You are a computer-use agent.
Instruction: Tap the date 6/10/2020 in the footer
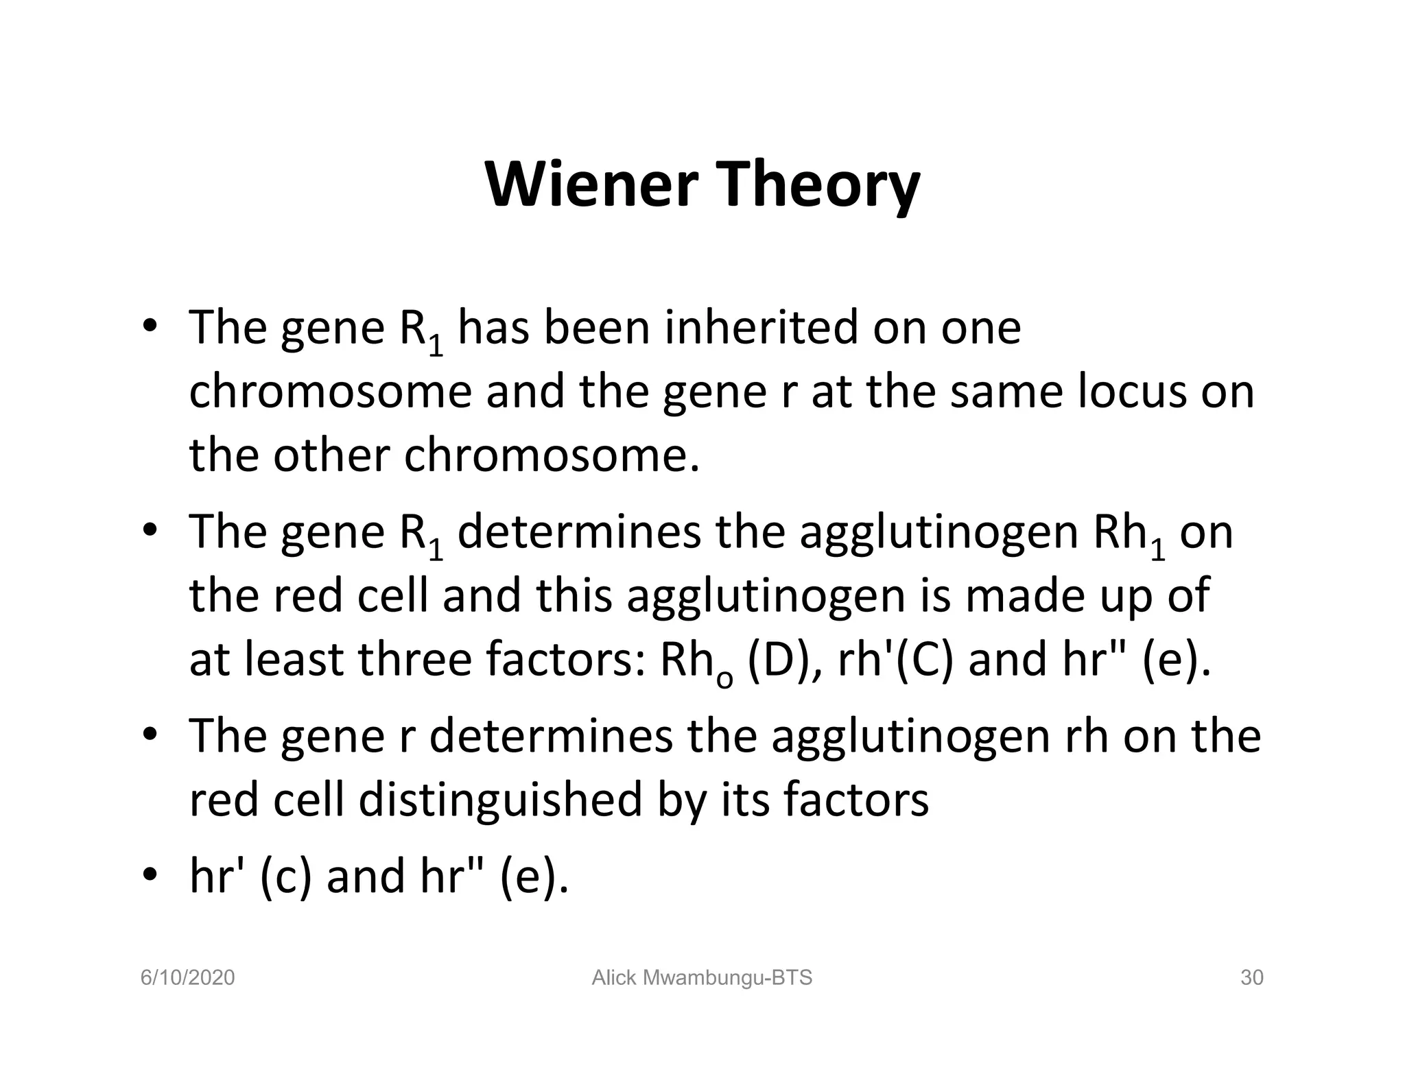coord(187,977)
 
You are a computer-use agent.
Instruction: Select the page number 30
coord(1251,977)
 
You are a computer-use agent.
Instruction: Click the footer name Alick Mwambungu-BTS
coord(702,977)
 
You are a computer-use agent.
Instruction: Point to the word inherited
coord(761,327)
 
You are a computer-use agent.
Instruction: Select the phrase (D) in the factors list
coord(778,659)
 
